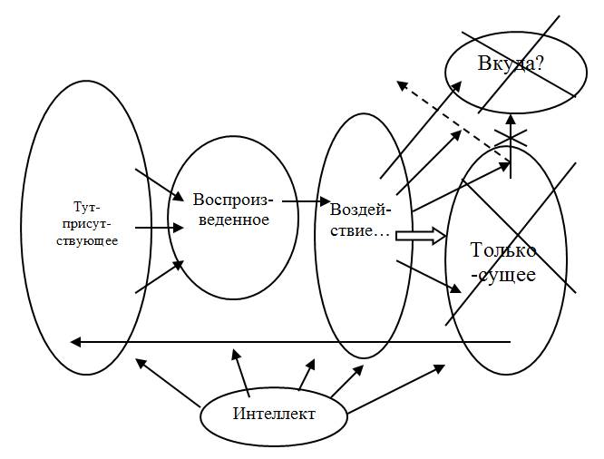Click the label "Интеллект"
(274, 414)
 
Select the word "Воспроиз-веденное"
(231, 209)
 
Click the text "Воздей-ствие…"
(361, 220)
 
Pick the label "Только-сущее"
(503, 262)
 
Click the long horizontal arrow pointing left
(290, 342)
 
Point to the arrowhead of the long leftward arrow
(76, 342)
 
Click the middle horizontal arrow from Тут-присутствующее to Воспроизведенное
(154, 228)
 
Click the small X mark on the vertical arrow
(511, 138)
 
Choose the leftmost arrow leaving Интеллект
(167, 382)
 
